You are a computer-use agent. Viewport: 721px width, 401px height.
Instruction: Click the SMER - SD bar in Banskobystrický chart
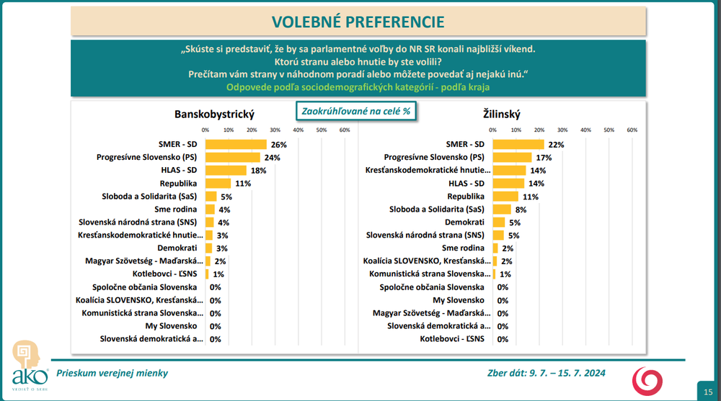pyautogui.click(x=236, y=144)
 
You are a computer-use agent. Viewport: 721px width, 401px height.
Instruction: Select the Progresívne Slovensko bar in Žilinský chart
pyautogui.click(x=512, y=157)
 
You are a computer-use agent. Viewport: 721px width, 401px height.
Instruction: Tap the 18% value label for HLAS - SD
pyautogui.click(x=258, y=171)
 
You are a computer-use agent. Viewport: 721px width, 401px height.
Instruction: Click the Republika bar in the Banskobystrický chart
pyautogui.click(x=218, y=184)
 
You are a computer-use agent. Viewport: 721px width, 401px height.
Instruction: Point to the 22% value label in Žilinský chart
pyautogui.click(x=556, y=145)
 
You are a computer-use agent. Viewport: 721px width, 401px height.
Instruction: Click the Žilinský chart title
pyautogui.click(x=502, y=114)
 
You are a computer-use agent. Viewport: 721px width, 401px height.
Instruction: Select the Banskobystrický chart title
pyautogui.click(x=214, y=114)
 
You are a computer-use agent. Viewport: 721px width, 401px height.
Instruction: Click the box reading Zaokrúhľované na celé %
pyautogui.click(x=356, y=111)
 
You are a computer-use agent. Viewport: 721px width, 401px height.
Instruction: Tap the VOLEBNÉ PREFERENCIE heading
pyautogui.click(x=358, y=22)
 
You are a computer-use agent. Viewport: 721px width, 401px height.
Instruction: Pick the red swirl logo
pyautogui.click(x=647, y=381)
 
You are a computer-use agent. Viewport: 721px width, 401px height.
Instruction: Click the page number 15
pyautogui.click(x=708, y=392)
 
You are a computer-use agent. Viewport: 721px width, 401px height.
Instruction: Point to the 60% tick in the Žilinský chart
pyautogui.click(x=632, y=130)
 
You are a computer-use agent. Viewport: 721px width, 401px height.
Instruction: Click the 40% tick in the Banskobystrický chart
pyautogui.click(x=298, y=130)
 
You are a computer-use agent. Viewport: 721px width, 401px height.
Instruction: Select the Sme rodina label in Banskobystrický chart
pyautogui.click(x=176, y=209)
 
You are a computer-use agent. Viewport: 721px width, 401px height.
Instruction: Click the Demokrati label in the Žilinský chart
pyautogui.click(x=464, y=222)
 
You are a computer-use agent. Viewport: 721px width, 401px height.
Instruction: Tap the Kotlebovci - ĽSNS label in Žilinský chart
pyautogui.click(x=452, y=339)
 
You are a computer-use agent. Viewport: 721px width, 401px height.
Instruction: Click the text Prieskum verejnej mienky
pyautogui.click(x=112, y=373)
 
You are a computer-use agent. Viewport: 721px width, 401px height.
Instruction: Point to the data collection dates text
pyautogui.click(x=547, y=373)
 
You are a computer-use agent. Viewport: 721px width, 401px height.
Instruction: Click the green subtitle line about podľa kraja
pyautogui.click(x=358, y=87)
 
